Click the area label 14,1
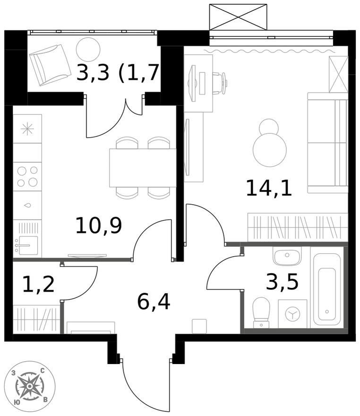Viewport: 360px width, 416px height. click(269, 188)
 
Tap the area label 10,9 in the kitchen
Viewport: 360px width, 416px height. click(99, 225)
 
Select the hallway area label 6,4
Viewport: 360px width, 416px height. click(154, 301)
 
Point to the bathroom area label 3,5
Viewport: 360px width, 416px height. click(282, 282)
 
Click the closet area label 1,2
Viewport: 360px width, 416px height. click(38, 284)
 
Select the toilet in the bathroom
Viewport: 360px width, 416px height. click(261, 312)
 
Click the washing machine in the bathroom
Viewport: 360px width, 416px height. click(292, 313)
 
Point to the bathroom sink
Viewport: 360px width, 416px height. click(286, 257)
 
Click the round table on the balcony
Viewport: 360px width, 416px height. click(88, 48)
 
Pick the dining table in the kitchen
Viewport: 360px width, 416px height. click(142, 167)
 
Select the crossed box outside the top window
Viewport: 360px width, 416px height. click(238, 17)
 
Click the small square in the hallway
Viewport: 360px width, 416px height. click(199, 326)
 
